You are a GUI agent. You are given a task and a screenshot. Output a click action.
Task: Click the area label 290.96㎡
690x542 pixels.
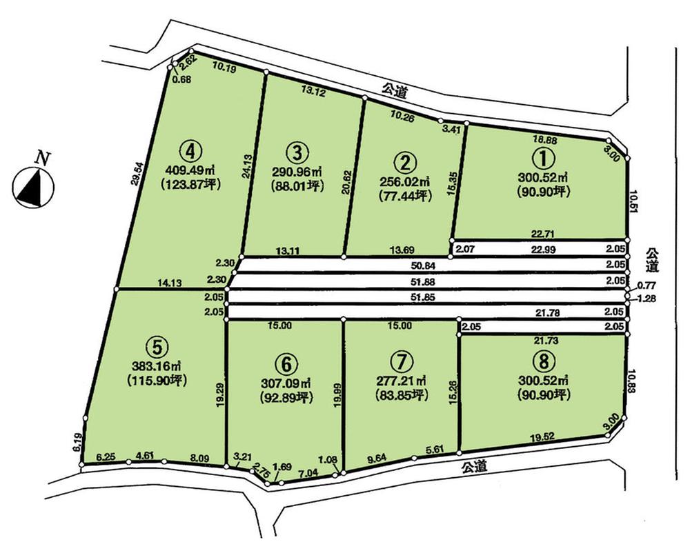297,171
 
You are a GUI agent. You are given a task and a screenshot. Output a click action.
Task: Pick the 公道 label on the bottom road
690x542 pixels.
474,468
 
